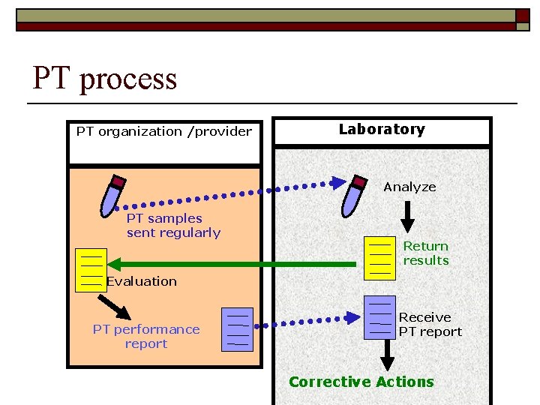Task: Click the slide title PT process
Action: point(104,79)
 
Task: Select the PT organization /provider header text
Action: point(163,132)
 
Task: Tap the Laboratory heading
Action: point(381,129)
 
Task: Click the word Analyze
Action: point(409,187)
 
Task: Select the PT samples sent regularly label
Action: point(173,225)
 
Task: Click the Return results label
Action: point(426,253)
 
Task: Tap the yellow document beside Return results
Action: point(379,257)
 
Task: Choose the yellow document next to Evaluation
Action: point(90,268)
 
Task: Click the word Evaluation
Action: point(142,281)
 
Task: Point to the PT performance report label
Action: point(146,336)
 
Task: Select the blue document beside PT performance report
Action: point(237,328)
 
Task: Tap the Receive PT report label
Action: point(430,324)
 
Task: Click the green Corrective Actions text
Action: point(361,382)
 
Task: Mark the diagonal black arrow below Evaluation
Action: point(114,306)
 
